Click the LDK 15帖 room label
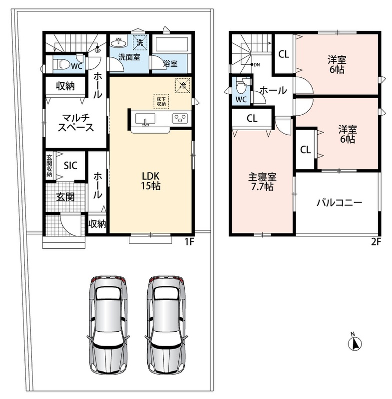(151, 181)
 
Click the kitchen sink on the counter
(145, 119)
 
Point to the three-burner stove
(180, 119)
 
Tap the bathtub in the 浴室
(171, 44)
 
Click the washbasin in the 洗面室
(119, 42)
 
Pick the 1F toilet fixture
(61, 65)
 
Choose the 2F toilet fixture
(241, 86)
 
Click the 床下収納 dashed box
(161, 102)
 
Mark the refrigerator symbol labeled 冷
(183, 85)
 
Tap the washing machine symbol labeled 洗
(140, 42)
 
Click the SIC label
(70, 166)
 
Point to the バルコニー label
(339, 202)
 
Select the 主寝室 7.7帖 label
(262, 182)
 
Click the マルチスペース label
(76, 123)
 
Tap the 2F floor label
(376, 241)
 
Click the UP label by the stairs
(98, 51)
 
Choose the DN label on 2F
(257, 65)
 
